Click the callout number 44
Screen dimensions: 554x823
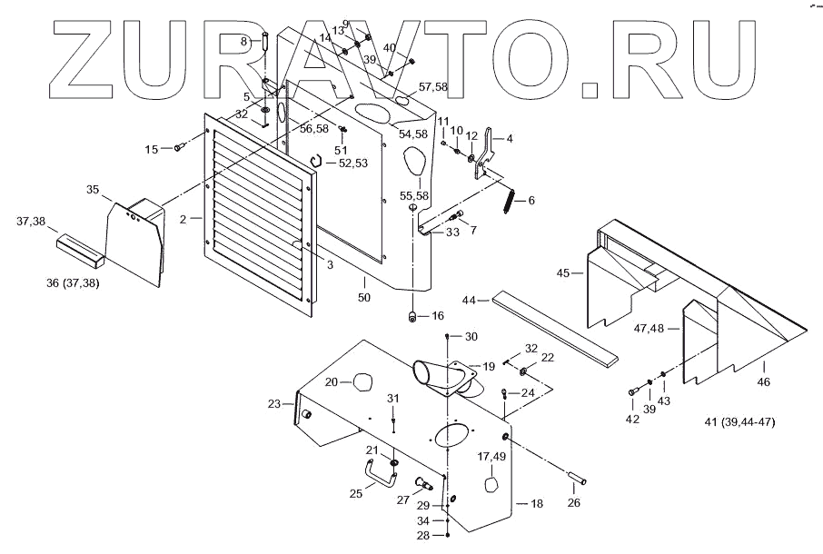coord(470,299)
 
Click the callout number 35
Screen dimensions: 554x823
coord(93,189)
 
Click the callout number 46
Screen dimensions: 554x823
coord(763,382)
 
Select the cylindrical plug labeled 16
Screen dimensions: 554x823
coord(412,316)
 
